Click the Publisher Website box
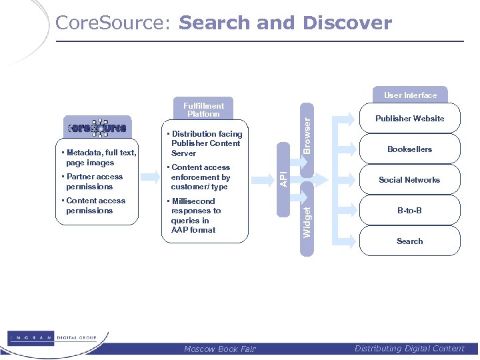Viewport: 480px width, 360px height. point(409,119)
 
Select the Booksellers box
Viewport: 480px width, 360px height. point(409,149)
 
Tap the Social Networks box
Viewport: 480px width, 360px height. point(409,180)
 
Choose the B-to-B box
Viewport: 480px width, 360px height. point(409,211)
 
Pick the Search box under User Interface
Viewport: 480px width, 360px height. point(409,241)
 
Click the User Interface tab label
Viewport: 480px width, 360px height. point(410,95)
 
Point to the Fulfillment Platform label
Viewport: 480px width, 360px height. point(203,110)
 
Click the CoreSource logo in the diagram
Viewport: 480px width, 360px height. point(96,128)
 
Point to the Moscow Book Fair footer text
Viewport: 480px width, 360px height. point(219,349)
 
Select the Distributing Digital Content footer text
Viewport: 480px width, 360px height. point(409,348)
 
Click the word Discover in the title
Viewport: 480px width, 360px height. point(347,23)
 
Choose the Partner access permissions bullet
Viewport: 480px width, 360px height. point(94,181)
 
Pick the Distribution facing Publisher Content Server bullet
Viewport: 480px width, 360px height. point(206,143)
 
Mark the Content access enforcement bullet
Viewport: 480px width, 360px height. point(200,177)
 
